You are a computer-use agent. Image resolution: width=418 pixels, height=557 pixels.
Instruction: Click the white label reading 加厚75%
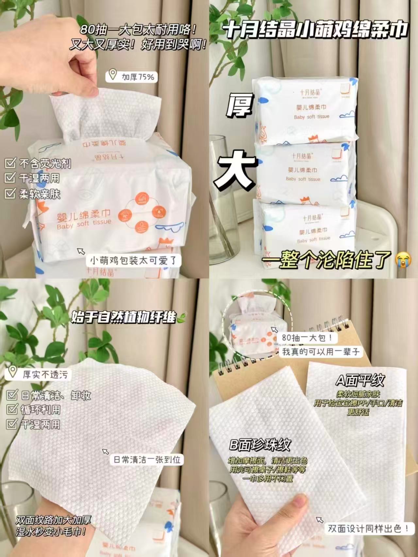coord(137,77)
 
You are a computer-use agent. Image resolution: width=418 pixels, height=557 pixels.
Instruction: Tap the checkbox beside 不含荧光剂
coord(10,163)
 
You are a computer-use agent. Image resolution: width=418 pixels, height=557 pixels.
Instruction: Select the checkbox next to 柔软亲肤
coord(10,194)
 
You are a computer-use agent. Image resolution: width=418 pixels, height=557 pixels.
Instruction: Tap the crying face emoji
coord(403,260)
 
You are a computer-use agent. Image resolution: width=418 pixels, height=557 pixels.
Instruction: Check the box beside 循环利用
coord(12,409)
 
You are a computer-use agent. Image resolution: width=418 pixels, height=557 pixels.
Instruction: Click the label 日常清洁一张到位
coord(147,460)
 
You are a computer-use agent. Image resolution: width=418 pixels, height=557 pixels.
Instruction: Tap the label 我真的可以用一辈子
coord(321,352)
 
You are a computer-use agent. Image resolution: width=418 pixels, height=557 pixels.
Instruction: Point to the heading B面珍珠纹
coord(260,445)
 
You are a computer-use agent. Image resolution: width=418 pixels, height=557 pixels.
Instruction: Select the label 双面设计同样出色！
coord(368,528)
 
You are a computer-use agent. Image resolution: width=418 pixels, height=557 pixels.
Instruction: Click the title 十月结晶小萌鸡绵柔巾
coord(315,30)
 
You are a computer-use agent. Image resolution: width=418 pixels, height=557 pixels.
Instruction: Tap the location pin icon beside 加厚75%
coord(113,74)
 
